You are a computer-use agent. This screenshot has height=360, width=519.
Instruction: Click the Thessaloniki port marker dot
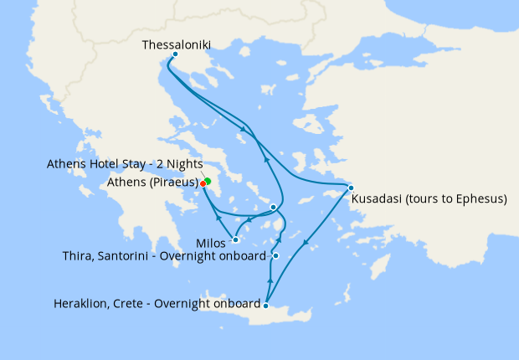(174, 55)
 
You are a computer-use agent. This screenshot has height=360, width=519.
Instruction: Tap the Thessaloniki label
(177, 44)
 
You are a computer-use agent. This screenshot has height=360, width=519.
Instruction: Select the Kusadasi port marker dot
(351, 188)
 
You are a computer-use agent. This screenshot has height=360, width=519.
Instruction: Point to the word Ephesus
(481, 200)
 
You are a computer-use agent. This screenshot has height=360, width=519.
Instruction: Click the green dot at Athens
(208, 181)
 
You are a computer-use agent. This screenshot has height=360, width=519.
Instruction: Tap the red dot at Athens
(203, 183)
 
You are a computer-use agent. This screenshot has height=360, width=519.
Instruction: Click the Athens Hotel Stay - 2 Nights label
(131, 165)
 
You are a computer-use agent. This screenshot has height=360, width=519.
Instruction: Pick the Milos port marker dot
(236, 240)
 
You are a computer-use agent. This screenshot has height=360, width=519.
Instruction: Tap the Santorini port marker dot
(275, 255)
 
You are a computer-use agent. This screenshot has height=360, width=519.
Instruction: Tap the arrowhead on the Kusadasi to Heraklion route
(306, 244)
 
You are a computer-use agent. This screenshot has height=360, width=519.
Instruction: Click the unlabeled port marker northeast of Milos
(273, 206)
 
